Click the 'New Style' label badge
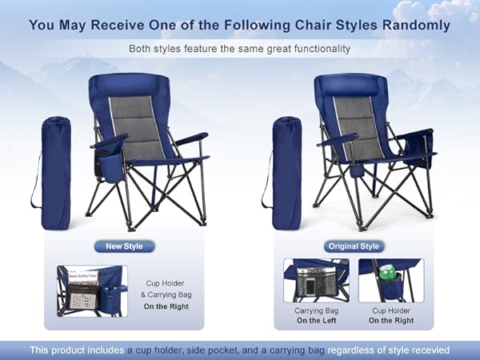pyautogui.click(x=124, y=246)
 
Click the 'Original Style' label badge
pyautogui.click(x=353, y=246)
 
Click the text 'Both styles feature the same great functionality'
pyautogui.click(x=239, y=48)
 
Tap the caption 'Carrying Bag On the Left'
pyautogui.click(x=314, y=314)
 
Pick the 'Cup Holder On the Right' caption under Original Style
pyautogui.click(x=391, y=314)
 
